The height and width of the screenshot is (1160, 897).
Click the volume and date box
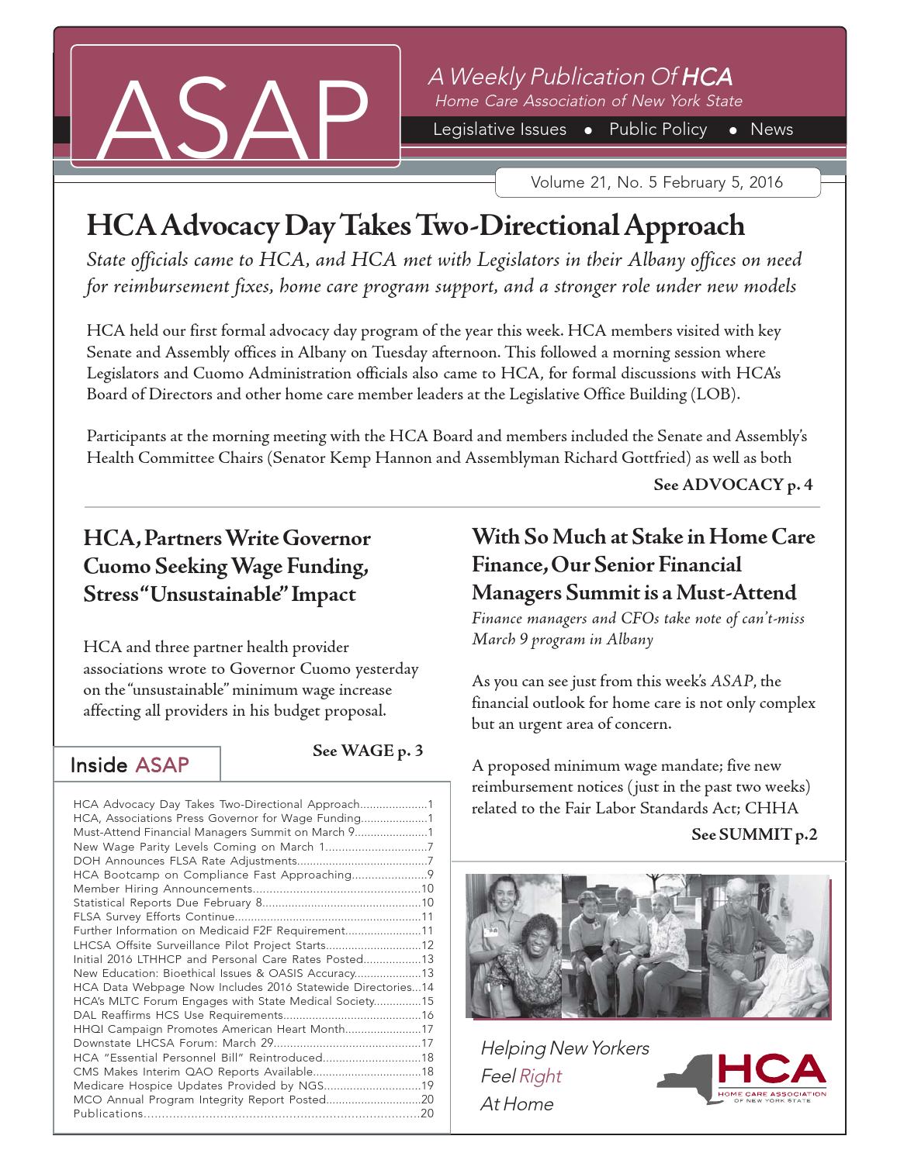tap(656, 183)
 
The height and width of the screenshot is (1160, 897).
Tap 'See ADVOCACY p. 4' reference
tap(732, 485)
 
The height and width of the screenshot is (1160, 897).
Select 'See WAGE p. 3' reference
tap(367, 751)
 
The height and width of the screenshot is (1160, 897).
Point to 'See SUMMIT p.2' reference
tap(753, 834)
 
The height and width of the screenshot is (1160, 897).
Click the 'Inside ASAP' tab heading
tap(130, 765)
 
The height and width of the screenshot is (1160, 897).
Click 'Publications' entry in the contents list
tap(109, 1113)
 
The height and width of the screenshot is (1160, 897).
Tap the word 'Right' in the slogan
tap(540, 1076)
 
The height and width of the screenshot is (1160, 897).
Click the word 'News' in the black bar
tap(771, 129)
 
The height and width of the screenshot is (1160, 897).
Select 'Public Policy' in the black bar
tap(658, 129)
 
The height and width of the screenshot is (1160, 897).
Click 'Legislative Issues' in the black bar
tap(499, 129)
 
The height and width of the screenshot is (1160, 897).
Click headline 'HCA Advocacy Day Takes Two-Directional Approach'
tap(415, 226)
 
